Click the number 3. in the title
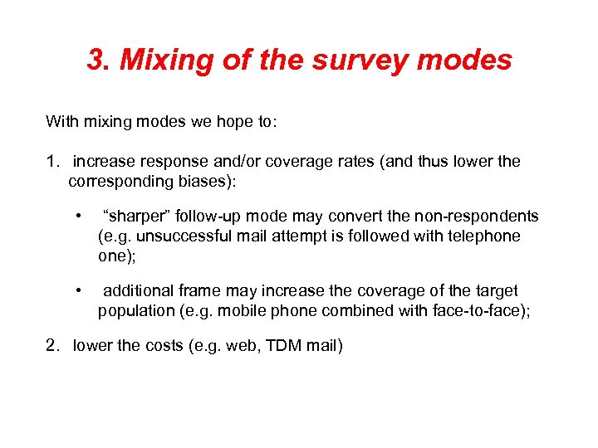point(100,61)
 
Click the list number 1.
point(51,161)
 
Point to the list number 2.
point(51,345)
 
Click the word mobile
point(230,311)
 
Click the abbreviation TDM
point(282,345)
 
